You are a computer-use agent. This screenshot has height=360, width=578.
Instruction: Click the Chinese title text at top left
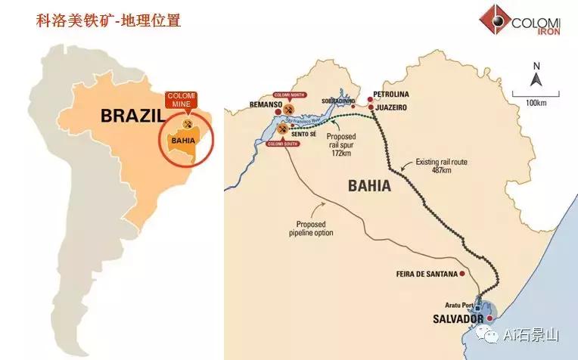pyautogui.click(x=109, y=20)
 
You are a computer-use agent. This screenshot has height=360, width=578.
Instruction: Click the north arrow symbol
pyautogui.click(x=536, y=76)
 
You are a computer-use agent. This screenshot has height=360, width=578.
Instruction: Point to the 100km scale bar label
pyautogui.click(x=536, y=102)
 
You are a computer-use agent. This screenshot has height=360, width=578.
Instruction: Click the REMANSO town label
pyautogui.click(x=268, y=104)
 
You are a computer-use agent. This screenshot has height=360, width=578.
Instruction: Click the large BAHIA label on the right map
pyautogui.click(x=368, y=185)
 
